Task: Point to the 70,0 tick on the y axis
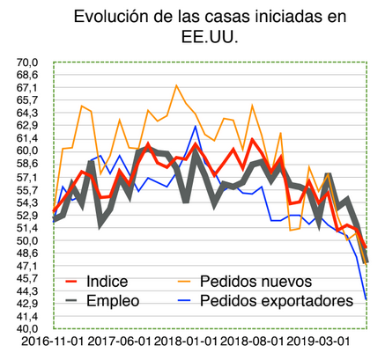26,62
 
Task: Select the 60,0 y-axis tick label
26,151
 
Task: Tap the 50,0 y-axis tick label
26,240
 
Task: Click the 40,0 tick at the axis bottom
26,329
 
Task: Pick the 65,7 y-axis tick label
26,100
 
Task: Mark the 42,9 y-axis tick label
26,304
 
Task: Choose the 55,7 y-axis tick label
26,189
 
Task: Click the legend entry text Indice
107,282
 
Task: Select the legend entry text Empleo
114,300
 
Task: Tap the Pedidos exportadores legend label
282,300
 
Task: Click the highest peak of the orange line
177,86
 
